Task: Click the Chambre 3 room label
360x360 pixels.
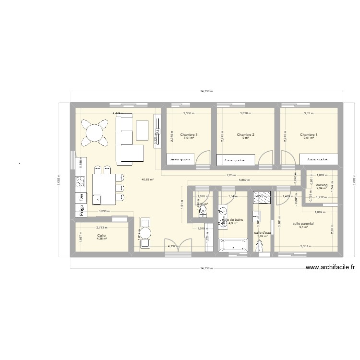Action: point(189,135)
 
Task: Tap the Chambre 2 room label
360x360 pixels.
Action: point(245,135)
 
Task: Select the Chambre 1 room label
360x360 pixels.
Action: point(309,135)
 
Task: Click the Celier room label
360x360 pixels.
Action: point(101,236)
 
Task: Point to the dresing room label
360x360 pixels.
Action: point(322,185)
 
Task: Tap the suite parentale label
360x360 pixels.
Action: point(303,224)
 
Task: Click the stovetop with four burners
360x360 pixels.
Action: point(78,182)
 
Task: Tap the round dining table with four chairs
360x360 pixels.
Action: point(95,131)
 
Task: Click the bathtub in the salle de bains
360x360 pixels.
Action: point(233,245)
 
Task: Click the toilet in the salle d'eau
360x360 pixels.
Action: point(260,246)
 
